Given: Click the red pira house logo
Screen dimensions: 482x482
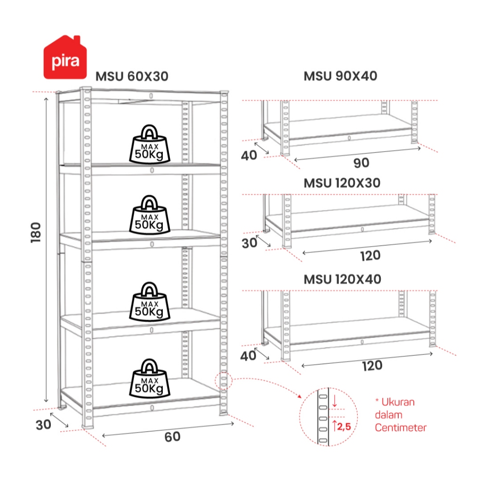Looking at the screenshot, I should pyautogui.click(x=65, y=57).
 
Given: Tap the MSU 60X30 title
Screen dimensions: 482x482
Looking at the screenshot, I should pyautogui.click(x=132, y=76).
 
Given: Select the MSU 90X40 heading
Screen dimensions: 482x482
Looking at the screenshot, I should pyautogui.click(x=340, y=76).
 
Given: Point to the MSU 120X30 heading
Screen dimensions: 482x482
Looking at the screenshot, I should pyautogui.click(x=342, y=183).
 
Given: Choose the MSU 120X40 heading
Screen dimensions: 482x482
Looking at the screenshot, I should pyautogui.click(x=342, y=279).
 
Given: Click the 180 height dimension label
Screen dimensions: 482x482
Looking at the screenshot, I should pyautogui.click(x=37, y=232).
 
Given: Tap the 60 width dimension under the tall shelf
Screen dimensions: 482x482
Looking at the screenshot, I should pyautogui.click(x=172, y=437).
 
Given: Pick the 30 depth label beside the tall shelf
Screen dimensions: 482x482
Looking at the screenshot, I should pyautogui.click(x=43, y=425).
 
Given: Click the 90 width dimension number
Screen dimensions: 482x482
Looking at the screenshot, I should pyautogui.click(x=361, y=163).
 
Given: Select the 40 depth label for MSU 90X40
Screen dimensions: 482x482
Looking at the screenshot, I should pyautogui.click(x=249, y=155).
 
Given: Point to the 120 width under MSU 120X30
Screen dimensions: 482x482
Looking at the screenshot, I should pyautogui.click(x=370, y=256).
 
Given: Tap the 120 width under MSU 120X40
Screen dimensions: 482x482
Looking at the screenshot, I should pyautogui.click(x=372, y=365).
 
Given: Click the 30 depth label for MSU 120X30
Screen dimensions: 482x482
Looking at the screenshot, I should pyautogui.click(x=249, y=244).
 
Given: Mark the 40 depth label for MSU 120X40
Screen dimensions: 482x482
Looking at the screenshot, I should pyautogui.click(x=249, y=356).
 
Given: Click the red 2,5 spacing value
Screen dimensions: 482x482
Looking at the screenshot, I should pyautogui.click(x=346, y=427).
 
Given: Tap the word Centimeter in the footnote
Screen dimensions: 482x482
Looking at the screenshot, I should pyautogui.click(x=401, y=428).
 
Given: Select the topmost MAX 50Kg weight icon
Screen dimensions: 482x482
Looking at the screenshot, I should pyautogui.click(x=150, y=144).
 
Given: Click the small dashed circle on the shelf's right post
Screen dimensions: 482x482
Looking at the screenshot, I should pyautogui.click(x=223, y=380).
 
